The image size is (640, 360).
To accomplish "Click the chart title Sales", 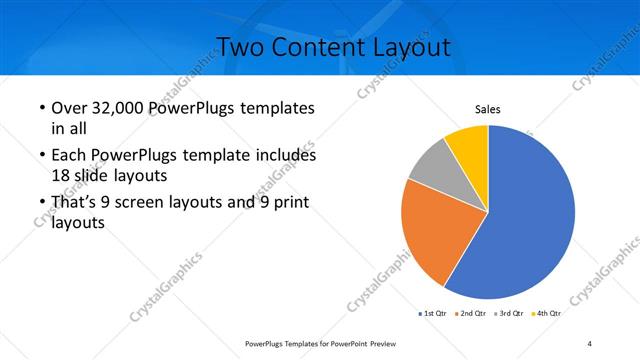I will [487, 110].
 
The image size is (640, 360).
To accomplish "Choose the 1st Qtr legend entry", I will [433, 313].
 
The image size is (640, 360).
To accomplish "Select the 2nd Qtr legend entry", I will [472, 313].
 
